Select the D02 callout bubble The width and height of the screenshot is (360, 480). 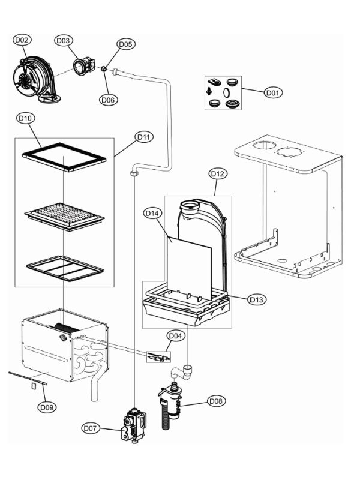pyautogui.click(x=22, y=40)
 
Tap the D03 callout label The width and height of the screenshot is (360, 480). pyautogui.click(x=63, y=40)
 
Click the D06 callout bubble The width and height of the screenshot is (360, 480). pyautogui.click(x=108, y=100)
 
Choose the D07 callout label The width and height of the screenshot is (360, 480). pyautogui.click(x=91, y=428)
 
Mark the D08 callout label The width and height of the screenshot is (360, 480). pyautogui.click(x=217, y=400)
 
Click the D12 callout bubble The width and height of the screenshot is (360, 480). pyautogui.click(x=217, y=173)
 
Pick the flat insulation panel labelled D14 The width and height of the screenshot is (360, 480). pyautogui.click(x=189, y=268)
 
